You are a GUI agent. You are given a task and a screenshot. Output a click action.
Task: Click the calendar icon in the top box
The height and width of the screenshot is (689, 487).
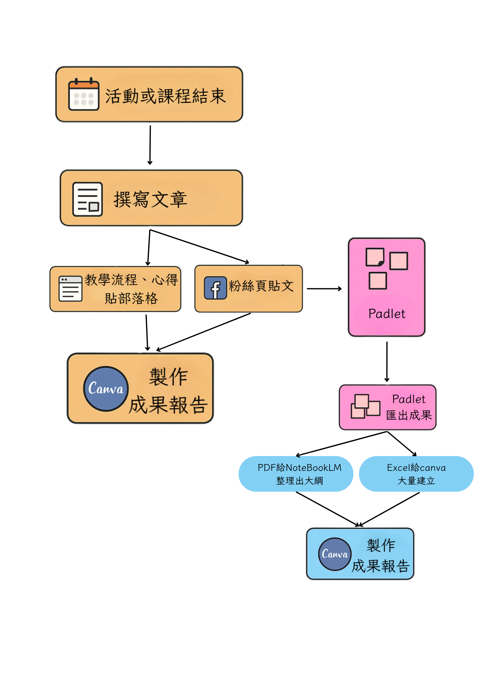click(83, 94)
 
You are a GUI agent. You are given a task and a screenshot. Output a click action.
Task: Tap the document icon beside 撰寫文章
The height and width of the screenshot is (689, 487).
click(87, 199)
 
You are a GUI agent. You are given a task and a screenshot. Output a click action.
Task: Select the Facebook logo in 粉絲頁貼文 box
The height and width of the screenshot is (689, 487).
click(215, 288)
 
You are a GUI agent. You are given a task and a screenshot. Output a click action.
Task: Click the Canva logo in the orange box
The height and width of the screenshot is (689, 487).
click(106, 389)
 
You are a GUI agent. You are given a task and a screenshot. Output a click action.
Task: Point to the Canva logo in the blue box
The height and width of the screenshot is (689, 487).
click(334, 554)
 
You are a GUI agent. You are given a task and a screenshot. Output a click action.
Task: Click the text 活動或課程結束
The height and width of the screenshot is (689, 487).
click(165, 96)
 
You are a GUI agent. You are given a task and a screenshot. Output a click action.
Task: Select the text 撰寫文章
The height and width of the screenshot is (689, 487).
click(150, 199)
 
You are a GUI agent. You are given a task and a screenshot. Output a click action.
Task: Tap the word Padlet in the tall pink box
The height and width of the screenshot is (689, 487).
click(387, 314)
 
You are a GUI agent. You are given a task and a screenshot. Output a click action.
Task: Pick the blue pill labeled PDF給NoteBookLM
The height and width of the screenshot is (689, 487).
click(296, 474)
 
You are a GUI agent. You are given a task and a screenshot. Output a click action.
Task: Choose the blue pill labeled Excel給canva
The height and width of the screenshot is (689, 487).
click(416, 474)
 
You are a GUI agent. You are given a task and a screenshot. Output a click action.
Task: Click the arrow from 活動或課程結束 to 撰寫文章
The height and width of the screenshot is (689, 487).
click(150, 145)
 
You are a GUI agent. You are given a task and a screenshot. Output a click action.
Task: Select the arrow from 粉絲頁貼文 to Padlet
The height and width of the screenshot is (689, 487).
click(324, 288)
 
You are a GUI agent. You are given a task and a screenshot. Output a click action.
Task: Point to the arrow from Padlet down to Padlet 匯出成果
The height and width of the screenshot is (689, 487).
click(387, 362)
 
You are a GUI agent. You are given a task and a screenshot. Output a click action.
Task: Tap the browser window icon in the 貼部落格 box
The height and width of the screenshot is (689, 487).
click(70, 288)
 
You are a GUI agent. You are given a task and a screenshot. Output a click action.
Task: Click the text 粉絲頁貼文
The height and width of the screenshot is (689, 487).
click(261, 286)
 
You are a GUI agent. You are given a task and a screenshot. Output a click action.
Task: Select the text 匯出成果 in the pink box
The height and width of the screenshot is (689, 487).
click(409, 415)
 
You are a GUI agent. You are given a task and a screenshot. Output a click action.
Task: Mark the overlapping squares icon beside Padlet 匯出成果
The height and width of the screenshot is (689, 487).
click(365, 406)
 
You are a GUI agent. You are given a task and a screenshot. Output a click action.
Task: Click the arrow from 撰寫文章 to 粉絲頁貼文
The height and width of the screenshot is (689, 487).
click(199, 246)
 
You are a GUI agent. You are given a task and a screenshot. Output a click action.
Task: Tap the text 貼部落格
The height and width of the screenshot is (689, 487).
click(131, 298)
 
